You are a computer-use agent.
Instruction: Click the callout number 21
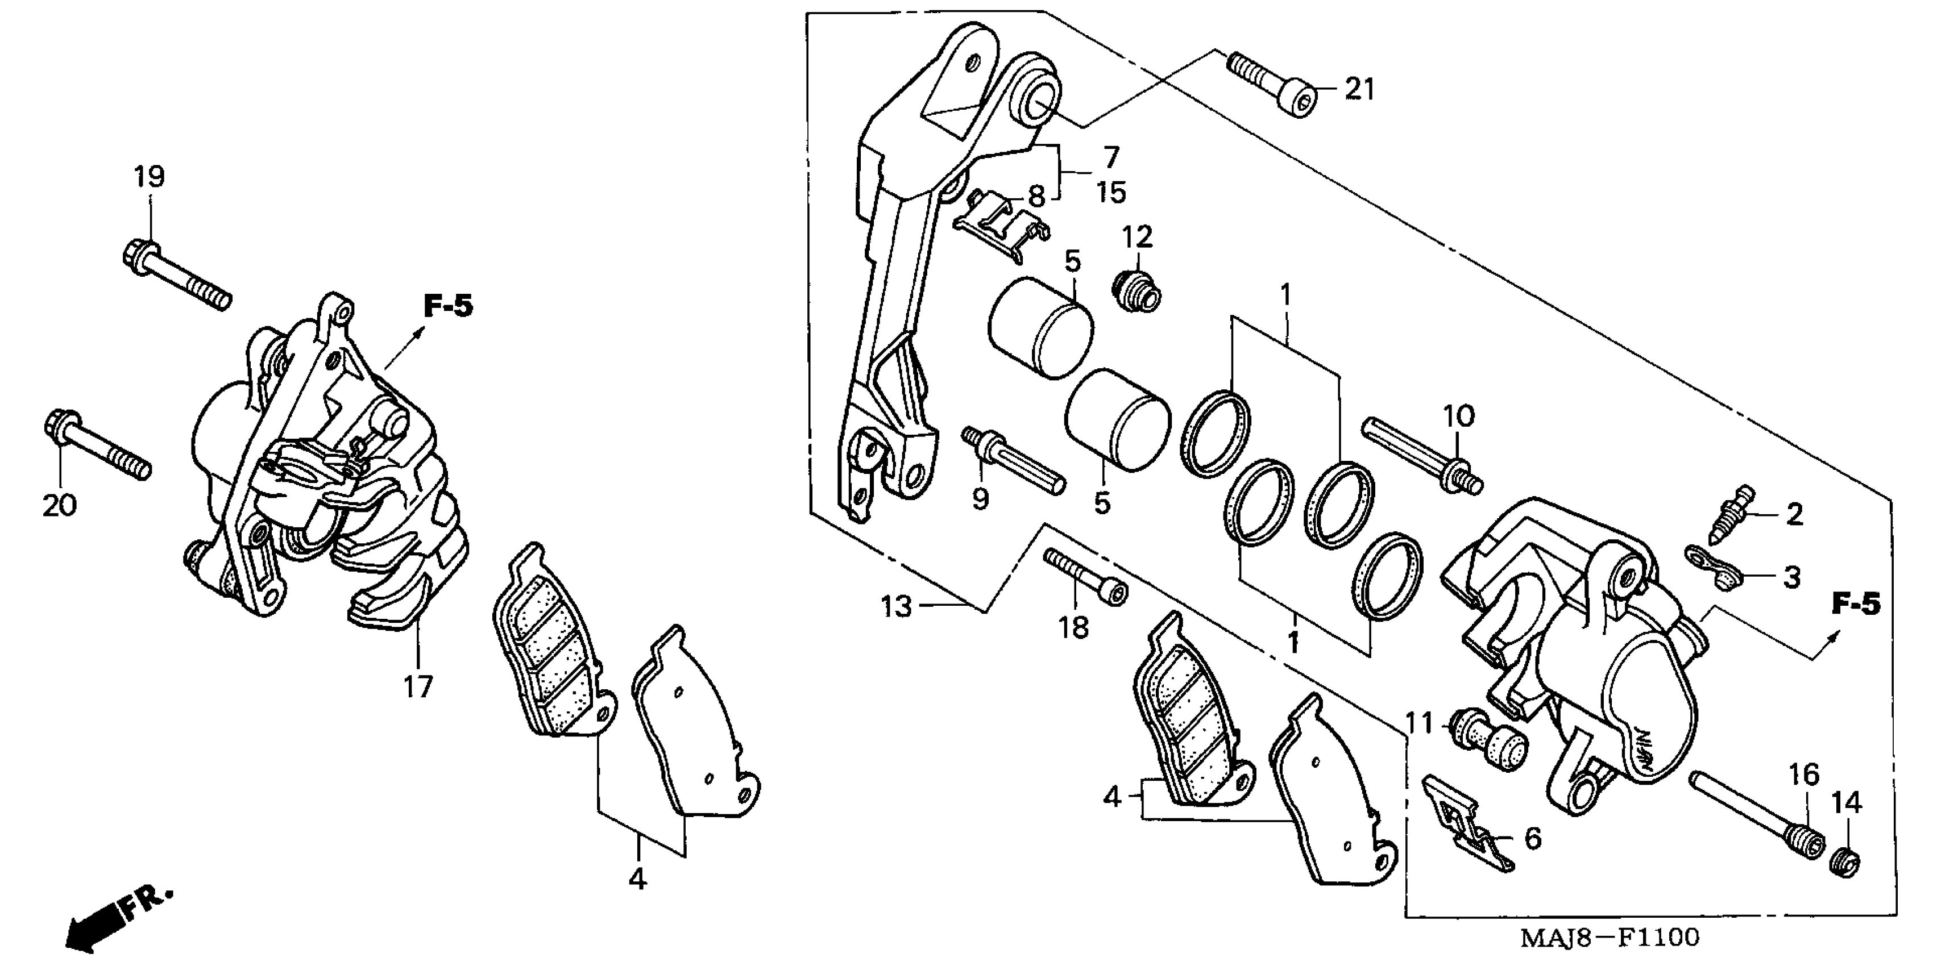pos(1359,90)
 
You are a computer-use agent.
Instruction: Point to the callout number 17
pos(418,685)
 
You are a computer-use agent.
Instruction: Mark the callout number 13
pos(897,606)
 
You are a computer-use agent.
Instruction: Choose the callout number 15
pos(1111,193)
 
